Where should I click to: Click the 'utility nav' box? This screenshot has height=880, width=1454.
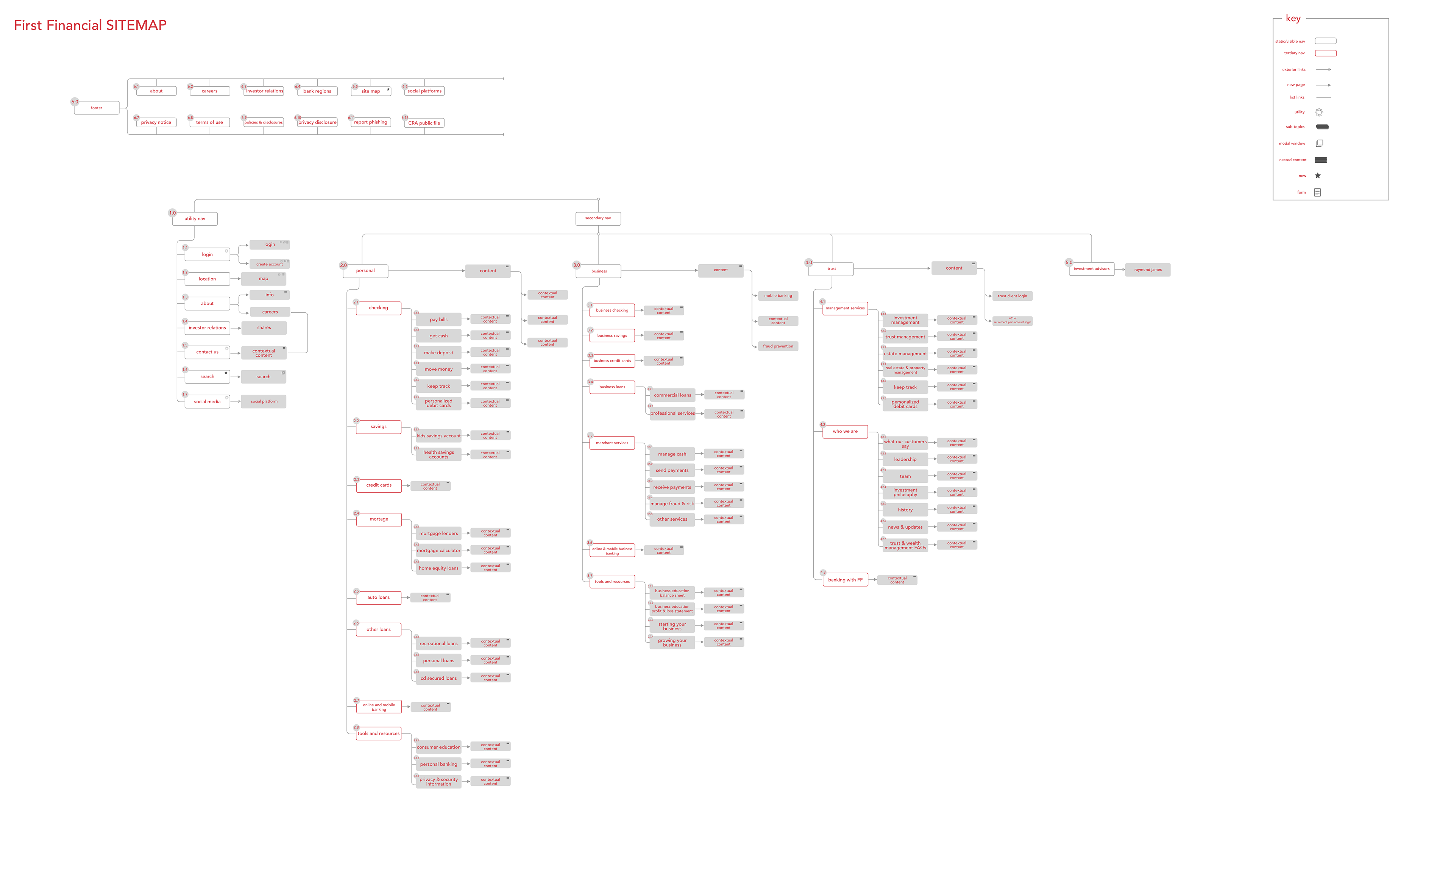[x=195, y=219]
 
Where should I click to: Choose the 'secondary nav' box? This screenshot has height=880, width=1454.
[x=598, y=218]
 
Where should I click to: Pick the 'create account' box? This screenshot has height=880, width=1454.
[x=269, y=264]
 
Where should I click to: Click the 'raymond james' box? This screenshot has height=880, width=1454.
[x=1147, y=270]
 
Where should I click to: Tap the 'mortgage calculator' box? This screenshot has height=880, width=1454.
[x=438, y=551]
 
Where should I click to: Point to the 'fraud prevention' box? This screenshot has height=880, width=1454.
[x=778, y=346]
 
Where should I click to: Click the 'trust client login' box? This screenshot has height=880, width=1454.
[x=1012, y=296]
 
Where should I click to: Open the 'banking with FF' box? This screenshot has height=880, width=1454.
[x=845, y=580]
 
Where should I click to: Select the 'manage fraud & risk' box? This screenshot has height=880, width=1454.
[x=672, y=504]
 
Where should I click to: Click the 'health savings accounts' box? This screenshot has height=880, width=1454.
[x=438, y=454]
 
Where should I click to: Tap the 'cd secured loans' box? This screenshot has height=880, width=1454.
[x=438, y=678]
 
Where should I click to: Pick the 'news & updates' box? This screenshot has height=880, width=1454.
[x=905, y=527]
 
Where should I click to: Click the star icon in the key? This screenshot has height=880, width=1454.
[x=1318, y=176]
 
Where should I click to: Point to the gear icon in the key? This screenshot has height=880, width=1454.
[x=1319, y=112]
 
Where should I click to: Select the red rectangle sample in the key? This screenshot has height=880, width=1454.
[x=1325, y=53]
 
